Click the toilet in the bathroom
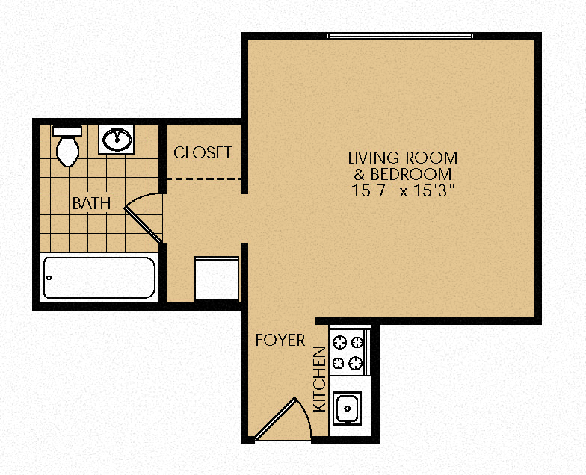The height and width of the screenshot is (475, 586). (x=67, y=146)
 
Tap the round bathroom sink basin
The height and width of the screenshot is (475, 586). (x=117, y=140)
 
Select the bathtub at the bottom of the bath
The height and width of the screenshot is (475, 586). (x=99, y=278)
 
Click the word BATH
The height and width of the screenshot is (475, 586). (x=91, y=203)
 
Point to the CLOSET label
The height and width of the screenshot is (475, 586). (x=203, y=152)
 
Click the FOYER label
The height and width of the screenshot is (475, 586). (x=280, y=340)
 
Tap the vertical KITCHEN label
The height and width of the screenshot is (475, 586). (x=319, y=379)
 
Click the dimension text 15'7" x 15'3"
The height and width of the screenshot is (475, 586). (x=403, y=191)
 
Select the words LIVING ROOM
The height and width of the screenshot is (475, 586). (x=403, y=158)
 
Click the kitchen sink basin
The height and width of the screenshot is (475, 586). (x=347, y=408)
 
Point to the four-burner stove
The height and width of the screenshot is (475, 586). (x=348, y=353)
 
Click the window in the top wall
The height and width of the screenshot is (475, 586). (x=401, y=36)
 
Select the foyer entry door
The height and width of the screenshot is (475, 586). (x=283, y=419)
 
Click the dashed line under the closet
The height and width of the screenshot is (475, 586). (x=203, y=179)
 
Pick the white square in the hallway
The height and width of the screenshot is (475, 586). (x=217, y=278)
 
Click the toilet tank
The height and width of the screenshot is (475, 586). (x=67, y=131)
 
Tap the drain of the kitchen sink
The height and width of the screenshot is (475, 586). (x=347, y=408)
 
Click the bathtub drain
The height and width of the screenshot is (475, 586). (x=49, y=278)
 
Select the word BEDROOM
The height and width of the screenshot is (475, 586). (x=411, y=175)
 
